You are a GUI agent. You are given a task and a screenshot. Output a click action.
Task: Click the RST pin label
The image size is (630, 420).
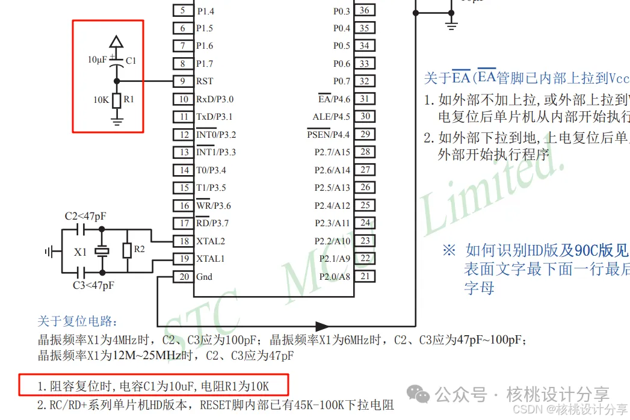coord(205,81)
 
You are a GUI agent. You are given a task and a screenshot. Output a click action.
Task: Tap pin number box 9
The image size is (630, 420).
coord(182,81)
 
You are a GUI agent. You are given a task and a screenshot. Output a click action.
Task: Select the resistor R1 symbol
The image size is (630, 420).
coord(117,100)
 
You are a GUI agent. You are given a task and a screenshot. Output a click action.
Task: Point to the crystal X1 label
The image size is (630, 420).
coord(81,253)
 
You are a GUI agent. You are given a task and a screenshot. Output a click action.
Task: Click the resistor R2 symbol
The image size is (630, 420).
coord(126,250)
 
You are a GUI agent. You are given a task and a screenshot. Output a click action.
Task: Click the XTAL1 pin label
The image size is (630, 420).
coord(210,259)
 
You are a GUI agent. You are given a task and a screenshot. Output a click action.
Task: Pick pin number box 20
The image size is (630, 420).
coord(182,277)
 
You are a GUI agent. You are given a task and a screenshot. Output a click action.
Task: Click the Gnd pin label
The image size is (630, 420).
coord(204,277)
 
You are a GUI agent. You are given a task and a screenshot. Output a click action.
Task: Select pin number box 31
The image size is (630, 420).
coord(365,99)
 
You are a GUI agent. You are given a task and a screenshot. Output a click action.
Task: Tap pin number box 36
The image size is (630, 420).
coord(365,10)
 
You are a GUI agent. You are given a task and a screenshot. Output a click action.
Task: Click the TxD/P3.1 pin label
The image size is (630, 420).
coord(214,117)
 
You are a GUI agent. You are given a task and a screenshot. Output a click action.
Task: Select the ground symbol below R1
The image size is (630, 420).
coord(117,122)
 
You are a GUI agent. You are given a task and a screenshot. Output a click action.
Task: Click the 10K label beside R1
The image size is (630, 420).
coord(101,100)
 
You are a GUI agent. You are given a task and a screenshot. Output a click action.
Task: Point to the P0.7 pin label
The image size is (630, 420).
coord(341,81)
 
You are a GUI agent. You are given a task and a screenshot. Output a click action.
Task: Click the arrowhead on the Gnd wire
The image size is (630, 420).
coord(321,326)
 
